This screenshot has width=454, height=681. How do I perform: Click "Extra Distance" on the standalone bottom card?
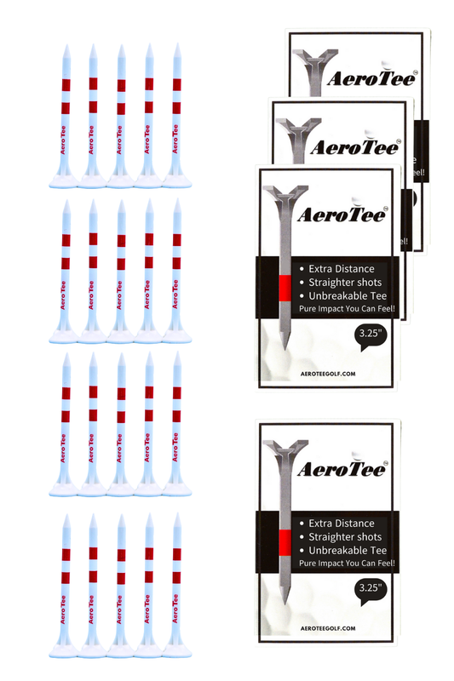tap(342, 524)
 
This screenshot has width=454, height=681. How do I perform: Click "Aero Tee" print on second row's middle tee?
tap(120, 296)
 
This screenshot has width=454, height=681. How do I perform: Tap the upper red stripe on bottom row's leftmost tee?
tap(65, 553)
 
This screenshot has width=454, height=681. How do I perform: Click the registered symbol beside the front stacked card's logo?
tap(385, 204)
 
